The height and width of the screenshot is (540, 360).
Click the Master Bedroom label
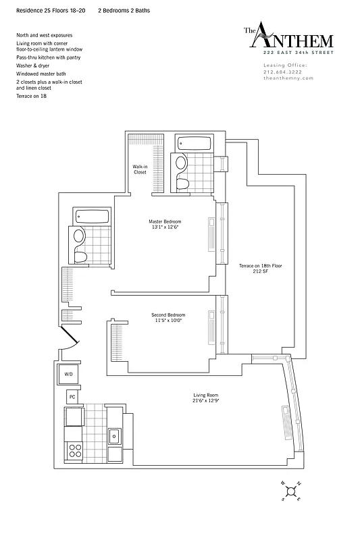pyautogui.click(x=165, y=224)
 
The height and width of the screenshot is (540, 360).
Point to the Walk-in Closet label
pyautogui.click(x=140, y=169)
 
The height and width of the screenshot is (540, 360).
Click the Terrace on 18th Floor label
pyautogui.click(x=261, y=269)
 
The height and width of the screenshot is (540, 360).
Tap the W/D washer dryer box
pyautogui.click(x=69, y=373)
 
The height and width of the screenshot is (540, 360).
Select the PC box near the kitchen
pyautogui.click(x=72, y=396)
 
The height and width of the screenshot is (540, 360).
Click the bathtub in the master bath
pyautogui.click(x=192, y=143)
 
